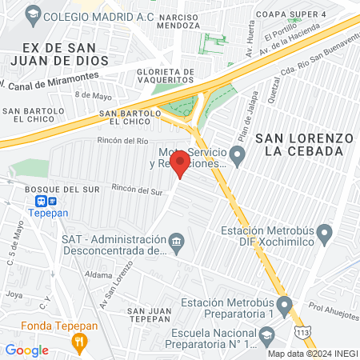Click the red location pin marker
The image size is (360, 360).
181,163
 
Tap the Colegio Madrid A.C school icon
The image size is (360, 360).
32,14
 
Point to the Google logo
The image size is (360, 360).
26,350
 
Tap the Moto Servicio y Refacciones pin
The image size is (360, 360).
236,154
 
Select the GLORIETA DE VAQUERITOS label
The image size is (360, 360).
160,75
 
